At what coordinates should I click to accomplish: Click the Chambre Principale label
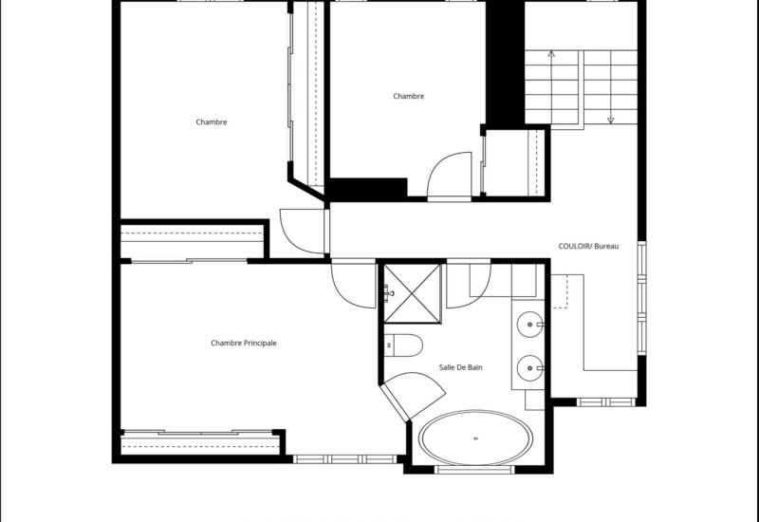pyautogui.click(x=244, y=343)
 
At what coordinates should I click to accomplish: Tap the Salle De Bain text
pyautogui.click(x=461, y=367)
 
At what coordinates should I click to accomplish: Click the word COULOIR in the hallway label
pyautogui.click(x=575, y=247)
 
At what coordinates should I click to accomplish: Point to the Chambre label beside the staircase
pyautogui.click(x=408, y=96)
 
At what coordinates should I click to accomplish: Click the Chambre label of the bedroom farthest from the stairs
pyautogui.click(x=212, y=121)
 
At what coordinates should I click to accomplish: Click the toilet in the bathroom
pyautogui.click(x=402, y=345)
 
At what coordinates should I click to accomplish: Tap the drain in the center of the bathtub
pyautogui.click(x=475, y=438)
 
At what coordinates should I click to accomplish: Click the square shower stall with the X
pyautogui.click(x=412, y=293)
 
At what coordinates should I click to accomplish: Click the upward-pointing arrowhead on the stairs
pyautogui.click(x=551, y=55)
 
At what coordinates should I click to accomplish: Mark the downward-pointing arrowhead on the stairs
pyautogui.click(x=610, y=121)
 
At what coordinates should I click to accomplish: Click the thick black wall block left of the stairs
pyautogui.click(x=505, y=63)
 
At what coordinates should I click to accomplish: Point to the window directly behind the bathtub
pyautogui.click(x=474, y=469)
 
